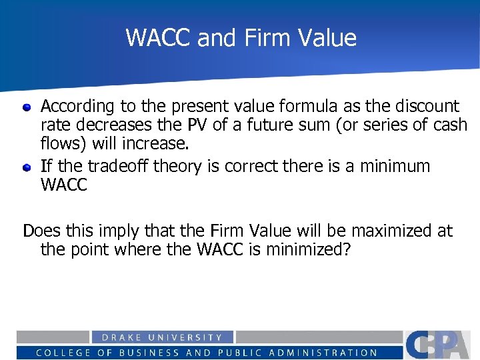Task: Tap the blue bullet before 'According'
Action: pyautogui.click(x=27, y=107)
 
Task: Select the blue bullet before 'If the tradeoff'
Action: pyautogui.click(x=27, y=167)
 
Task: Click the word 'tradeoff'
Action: pyautogui.click(x=120, y=166)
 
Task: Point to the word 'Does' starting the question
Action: pyautogui.click(x=40, y=231)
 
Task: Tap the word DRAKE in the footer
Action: pyautogui.click(x=113, y=338)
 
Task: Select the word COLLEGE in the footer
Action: pyautogui.click(x=63, y=353)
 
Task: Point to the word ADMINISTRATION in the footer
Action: pyautogui.click(x=329, y=353)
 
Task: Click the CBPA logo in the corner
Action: pyautogui.click(x=441, y=345)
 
